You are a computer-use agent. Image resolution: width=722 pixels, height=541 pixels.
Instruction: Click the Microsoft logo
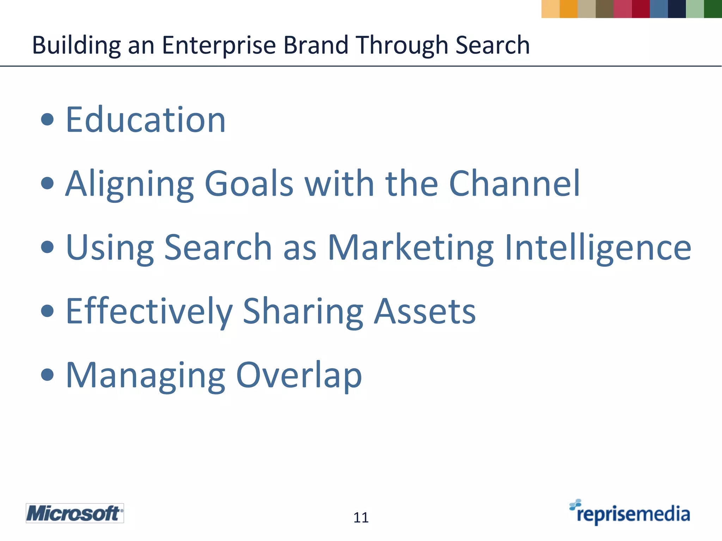click(x=75, y=513)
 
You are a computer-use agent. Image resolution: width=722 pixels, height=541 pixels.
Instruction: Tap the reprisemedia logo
click(x=630, y=513)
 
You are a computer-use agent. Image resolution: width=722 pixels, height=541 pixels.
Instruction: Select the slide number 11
click(x=361, y=517)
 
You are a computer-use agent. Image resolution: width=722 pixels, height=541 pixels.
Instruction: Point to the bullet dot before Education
click(x=47, y=120)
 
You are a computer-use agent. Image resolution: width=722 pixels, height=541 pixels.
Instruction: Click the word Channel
click(x=514, y=184)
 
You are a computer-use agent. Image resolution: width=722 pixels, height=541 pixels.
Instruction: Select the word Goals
click(x=249, y=184)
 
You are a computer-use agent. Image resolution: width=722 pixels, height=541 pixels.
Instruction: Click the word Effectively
click(x=149, y=311)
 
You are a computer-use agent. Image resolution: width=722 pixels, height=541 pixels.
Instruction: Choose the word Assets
click(x=425, y=311)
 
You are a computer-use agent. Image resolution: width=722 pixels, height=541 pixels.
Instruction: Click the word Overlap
click(x=299, y=375)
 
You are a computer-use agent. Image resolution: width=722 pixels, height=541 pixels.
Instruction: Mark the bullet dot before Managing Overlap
click(x=47, y=375)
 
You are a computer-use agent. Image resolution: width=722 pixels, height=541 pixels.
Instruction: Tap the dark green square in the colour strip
click(x=713, y=9)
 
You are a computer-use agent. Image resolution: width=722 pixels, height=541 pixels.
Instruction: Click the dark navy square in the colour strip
click(x=677, y=9)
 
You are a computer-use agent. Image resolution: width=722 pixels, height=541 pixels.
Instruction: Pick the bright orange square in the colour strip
click(x=568, y=9)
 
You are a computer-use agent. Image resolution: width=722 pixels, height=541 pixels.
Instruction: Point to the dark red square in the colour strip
click(x=641, y=9)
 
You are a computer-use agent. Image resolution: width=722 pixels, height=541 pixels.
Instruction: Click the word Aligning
click(x=130, y=184)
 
